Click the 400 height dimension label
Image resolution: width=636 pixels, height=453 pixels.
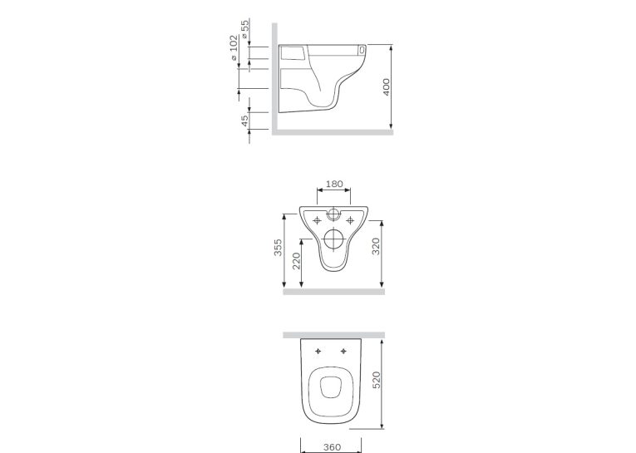(x=386, y=86)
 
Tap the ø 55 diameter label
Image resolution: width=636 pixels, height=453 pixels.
(x=245, y=29)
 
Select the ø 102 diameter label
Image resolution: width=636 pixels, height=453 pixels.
(x=234, y=48)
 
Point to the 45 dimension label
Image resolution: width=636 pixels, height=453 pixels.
(x=244, y=121)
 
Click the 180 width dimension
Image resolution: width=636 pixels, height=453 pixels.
(x=334, y=184)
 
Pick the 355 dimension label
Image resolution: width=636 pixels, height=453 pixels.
(x=278, y=248)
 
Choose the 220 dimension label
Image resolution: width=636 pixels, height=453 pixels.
(x=297, y=261)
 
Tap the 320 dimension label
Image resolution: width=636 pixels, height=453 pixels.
(x=376, y=246)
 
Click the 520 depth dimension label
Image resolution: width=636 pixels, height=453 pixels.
(x=377, y=380)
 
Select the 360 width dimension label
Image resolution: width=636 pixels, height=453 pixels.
(x=333, y=447)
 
